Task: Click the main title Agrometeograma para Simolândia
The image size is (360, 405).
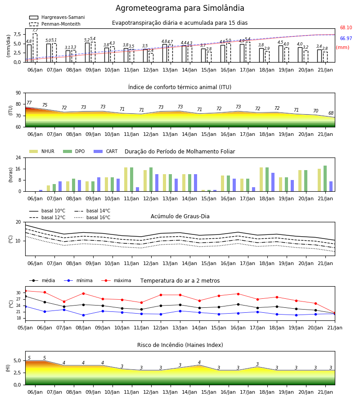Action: tap(180, 8)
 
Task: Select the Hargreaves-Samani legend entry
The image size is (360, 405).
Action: tap(57, 17)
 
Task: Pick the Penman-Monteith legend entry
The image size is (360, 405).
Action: tap(55, 24)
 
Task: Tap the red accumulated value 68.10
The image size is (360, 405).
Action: tap(346, 27)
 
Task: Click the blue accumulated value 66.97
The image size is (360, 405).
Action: tap(346, 39)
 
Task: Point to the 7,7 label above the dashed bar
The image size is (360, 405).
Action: tap(35, 30)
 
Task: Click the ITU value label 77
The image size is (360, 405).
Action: tap(29, 103)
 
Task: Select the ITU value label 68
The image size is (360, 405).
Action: tap(331, 113)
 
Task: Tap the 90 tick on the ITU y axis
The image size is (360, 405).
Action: tap(18, 93)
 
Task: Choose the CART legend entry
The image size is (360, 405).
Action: tap(106, 151)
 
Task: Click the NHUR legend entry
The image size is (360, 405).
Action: tap(42, 151)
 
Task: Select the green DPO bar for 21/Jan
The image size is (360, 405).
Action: tap(325, 179)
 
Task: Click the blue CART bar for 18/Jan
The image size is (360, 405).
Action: tap(273, 182)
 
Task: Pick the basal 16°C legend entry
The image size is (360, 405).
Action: tap(92, 217)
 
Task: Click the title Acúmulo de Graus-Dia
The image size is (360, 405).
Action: tap(180, 216)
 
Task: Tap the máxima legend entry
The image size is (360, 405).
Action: tap(116, 280)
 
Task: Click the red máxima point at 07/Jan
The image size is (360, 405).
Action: tap(64, 301)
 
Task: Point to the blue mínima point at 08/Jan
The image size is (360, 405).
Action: tap(83, 315)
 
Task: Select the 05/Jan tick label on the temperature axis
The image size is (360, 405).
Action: tap(25, 328)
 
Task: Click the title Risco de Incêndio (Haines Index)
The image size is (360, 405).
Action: tap(180, 345)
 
